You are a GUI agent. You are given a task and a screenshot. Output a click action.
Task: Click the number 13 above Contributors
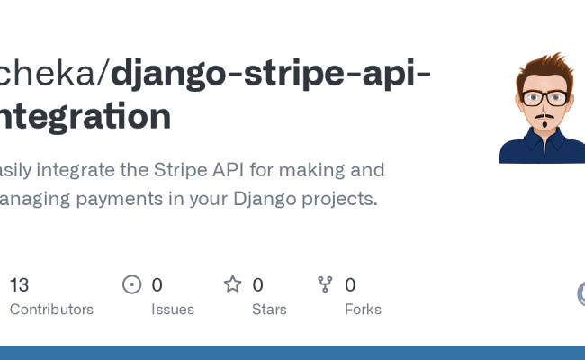19,285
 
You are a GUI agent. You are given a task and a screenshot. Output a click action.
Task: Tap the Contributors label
51,310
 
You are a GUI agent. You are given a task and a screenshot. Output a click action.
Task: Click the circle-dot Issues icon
132,285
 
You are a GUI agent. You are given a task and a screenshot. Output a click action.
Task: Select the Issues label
172,310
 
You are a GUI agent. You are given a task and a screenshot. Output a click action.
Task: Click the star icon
233,285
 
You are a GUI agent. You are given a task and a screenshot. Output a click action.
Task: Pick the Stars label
269,310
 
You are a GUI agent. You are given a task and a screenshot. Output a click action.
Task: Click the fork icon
326,285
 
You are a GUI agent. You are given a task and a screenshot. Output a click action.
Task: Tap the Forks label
363,310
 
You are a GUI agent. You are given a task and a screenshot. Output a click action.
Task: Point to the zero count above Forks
350,285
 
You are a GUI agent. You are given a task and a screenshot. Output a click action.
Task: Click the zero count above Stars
257,285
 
